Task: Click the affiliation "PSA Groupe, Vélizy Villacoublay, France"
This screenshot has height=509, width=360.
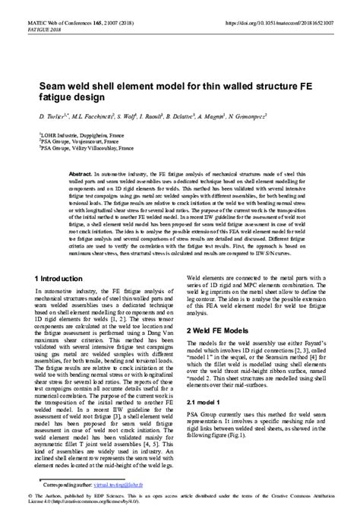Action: [x=84, y=148]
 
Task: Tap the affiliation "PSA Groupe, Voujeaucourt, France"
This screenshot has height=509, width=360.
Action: [x=78, y=141]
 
